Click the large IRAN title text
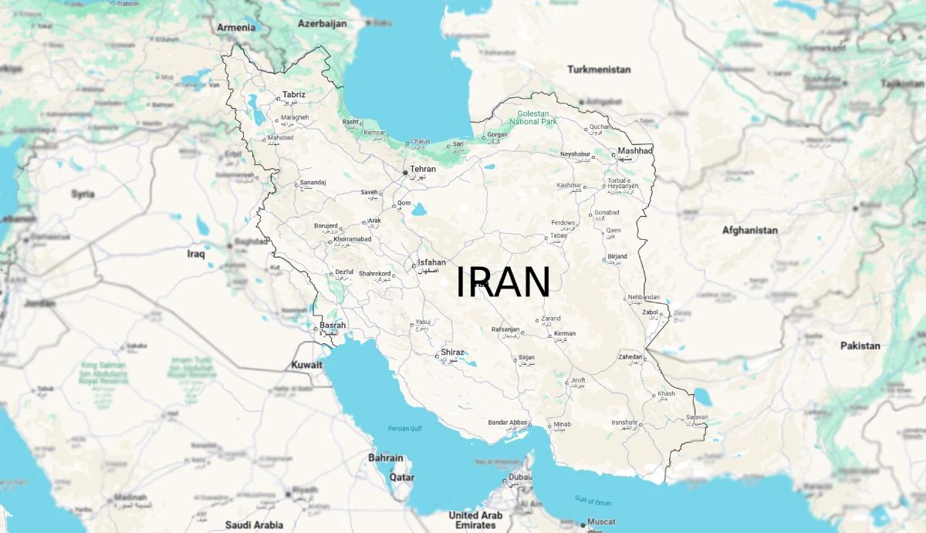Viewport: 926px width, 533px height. tap(502, 282)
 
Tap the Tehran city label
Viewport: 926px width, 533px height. tap(422, 169)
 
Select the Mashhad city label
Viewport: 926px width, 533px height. tap(635, 151)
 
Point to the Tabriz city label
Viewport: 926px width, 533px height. tap(293, 95)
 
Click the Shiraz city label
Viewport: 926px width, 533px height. tap(452, 353)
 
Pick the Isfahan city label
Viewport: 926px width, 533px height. tap(431, 262)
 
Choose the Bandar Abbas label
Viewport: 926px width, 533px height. tap(508, 423)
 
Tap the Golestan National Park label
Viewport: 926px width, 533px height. tap(533, 117)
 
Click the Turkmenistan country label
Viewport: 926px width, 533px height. tap(599, 69)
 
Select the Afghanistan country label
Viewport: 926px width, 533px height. tap(749, 230)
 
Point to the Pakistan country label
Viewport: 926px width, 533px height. tap(860, 346)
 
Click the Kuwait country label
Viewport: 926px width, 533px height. tap(306, 365)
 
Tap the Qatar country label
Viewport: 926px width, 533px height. tap(401, 477)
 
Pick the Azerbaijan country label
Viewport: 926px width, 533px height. tap(323, 24)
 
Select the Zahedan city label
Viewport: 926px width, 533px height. tap(630, 356)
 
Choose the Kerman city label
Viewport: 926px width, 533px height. tap(565, 334)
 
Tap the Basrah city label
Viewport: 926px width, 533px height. tap(333, 325)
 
